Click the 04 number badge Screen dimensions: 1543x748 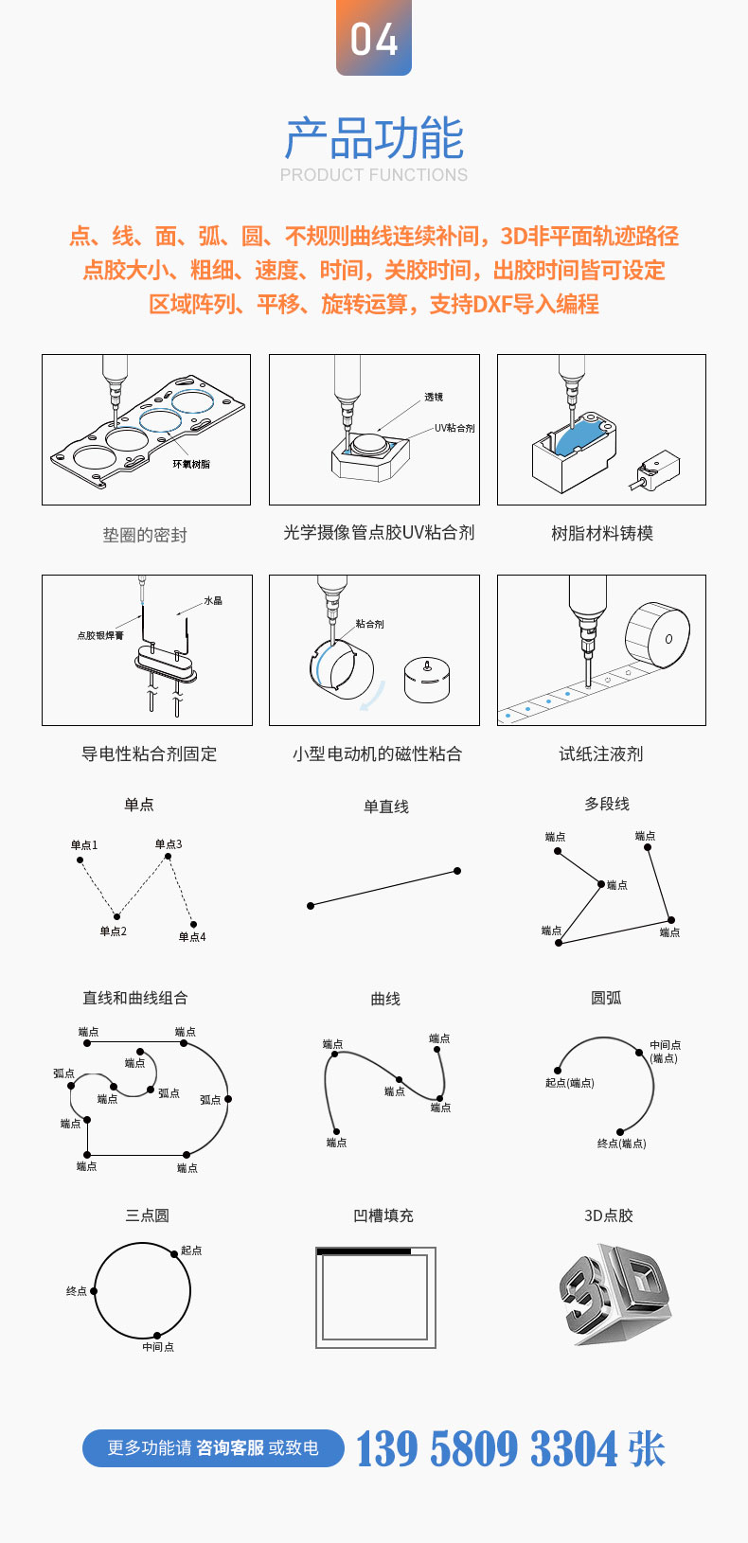click(x=374, y=38)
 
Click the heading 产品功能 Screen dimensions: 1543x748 click(x=374, y=138)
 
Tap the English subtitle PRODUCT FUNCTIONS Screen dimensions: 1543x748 click(x=374, y=175)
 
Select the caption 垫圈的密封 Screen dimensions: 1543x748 click(x=145, y=535)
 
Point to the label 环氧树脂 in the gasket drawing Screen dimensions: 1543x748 click(x=191, y=464)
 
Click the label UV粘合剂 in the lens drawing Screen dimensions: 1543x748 click(x=454, y=428)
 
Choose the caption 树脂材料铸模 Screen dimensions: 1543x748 click(x=602, y=534)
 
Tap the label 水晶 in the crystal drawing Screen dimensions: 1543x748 click(x=213, y=601)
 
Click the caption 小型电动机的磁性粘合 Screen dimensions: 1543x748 click(x=377, y=754)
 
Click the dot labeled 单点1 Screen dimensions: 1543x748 click(x=80, y=860)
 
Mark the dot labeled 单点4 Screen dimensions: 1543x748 click(x=193, y=924)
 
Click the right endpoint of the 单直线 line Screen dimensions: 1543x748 click(x=457, y=871)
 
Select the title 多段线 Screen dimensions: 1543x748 click(x=607, y=804)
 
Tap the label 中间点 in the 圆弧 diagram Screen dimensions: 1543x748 click(x=665, y=1045)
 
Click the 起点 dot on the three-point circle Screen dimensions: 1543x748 click(x=174, y=1253)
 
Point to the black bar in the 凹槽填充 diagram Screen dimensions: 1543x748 click(x=365, y=1251)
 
